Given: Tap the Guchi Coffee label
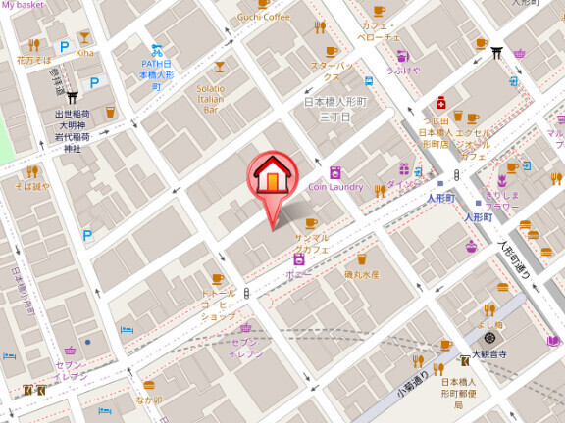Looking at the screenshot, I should point(262,17).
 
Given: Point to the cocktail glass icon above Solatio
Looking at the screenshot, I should point(219,68).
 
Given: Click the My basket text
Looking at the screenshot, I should point(24,5).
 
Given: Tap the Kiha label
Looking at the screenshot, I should point(85,53).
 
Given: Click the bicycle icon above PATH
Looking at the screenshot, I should point(156,51).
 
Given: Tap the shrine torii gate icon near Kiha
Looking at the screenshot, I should point(72,97).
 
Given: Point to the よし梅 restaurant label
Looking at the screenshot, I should point(490,324).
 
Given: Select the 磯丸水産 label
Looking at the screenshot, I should point(361,275).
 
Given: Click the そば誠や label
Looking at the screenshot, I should point(32,186).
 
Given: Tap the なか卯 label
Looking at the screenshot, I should point(149,399).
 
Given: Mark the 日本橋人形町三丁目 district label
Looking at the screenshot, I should point(334,109).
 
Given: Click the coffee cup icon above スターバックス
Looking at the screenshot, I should point(331,51).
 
